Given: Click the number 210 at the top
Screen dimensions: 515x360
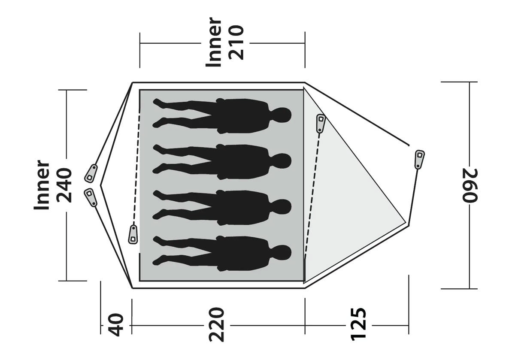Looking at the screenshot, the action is point(236,42).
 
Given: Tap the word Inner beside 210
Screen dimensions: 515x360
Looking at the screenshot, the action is point(214,42).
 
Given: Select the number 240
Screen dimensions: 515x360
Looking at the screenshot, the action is point(64,185).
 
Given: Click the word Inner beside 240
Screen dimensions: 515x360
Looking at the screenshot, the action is point(42,185).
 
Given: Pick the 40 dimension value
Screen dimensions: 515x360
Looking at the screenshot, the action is point(116,325).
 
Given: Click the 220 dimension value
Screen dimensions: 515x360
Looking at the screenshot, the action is point(216,325).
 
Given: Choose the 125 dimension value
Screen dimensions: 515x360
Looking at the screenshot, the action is point(358,324).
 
